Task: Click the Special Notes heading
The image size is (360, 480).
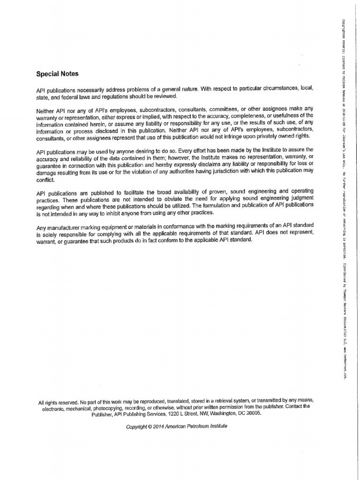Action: click(x=58, y=74)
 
